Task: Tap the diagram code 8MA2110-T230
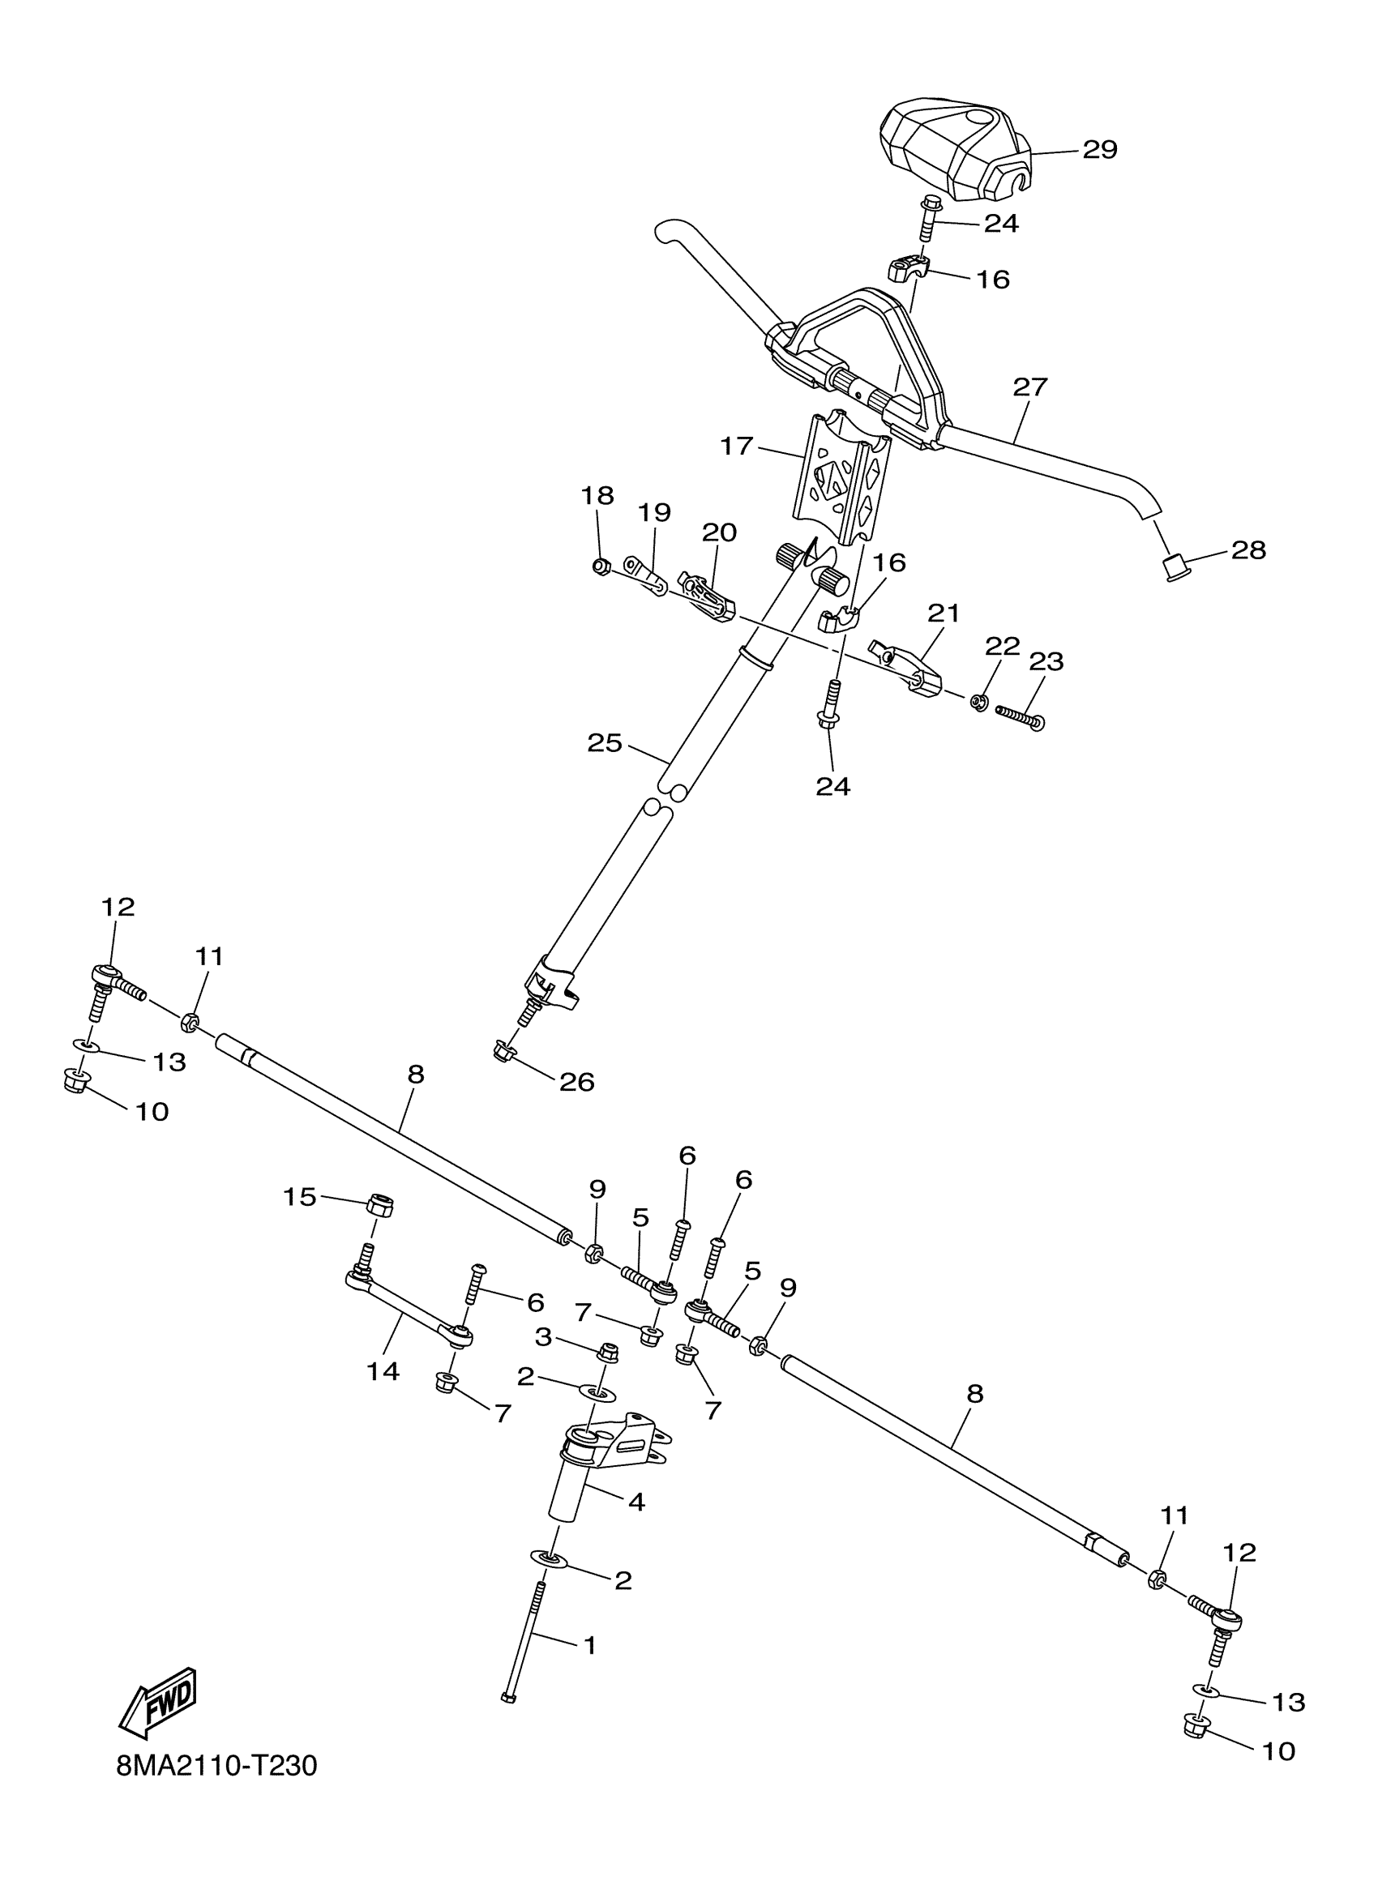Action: click(x=217, y=1789)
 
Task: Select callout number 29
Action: click(x=1099, y=150)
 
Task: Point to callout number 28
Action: click(x=1248, y=550)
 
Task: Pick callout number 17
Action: click(x=736, y=447)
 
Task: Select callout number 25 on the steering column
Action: click(x=605, y=743)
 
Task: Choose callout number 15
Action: click(x=299, y=1197)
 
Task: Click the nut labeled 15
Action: click(x=380, y=1206)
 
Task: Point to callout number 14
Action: click(x=383, y=1371)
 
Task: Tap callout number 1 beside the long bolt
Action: click(x=589, y=1645)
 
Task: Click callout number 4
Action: click(x=636, y=1502)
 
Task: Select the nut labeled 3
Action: click(x=608, y=1351)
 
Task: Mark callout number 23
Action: click(x=1046, y=661)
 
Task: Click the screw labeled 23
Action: click(x=1019, y=716)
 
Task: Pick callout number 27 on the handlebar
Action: click(x=1030, y=387)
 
